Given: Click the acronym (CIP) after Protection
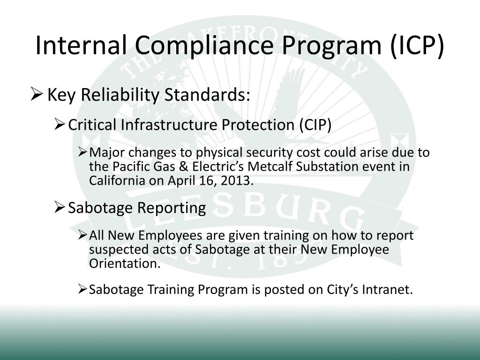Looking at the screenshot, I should [x=315, y=125].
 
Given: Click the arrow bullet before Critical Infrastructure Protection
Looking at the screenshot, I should [x=60, y=125].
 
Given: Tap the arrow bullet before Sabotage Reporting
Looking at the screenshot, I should [x=60, y=208].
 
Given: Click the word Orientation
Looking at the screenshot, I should [x=124, y=263].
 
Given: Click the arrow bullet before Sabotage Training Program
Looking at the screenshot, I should [x=82, y=290].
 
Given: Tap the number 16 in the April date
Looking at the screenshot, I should [x=210, y=181].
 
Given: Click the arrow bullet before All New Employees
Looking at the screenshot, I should [x=82, y=235].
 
